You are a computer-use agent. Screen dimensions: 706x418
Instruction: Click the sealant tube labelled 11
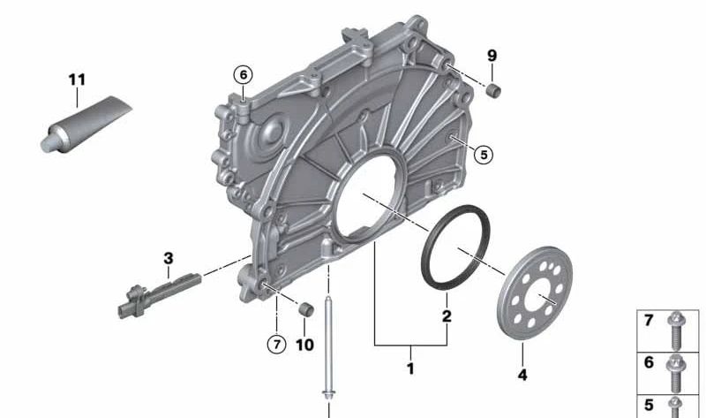[86, 125]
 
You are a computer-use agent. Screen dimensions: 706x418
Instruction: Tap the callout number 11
[77, 80]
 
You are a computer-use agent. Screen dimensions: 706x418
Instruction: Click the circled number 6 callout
[244, 75]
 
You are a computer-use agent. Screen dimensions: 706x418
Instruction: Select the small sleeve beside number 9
[494, 90]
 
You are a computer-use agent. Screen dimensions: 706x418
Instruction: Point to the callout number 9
[492, 56]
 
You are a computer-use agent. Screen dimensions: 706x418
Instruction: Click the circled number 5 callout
[484, 155]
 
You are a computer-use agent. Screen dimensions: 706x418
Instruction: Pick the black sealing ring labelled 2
[455, 247]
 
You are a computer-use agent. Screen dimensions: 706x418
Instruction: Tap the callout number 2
[447, 315]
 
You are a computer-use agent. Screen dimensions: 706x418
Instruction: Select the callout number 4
[522, 375]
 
